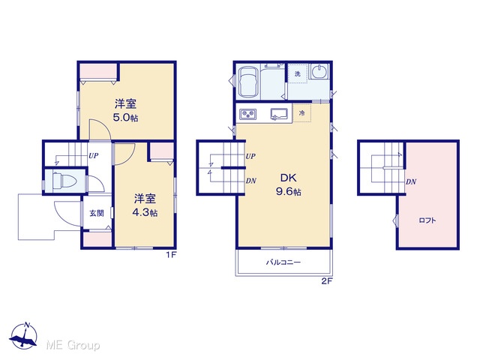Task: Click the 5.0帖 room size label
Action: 125,118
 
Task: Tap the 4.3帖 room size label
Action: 145,212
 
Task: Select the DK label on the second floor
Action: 288,178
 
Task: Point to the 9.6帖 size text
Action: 288,192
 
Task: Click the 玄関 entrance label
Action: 97,213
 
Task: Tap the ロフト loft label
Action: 427,220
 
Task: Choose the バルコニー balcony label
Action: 283,262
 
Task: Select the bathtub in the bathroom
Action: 248,82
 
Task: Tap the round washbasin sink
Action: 318,72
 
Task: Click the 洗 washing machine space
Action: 298,73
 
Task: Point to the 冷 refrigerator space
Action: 301,113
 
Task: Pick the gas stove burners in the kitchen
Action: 248,114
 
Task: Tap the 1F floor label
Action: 172,255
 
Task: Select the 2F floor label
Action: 327,281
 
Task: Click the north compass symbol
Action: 23,336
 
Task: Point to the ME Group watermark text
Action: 73,346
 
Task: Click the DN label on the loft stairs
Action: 411,181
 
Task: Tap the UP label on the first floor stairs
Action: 93,156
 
